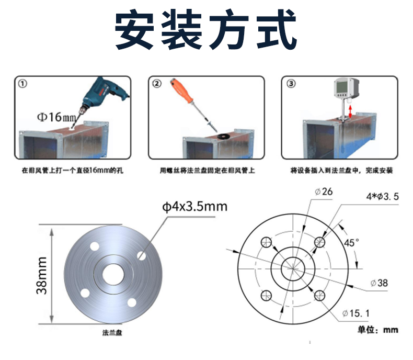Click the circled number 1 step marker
pyautogui.click(x=22, y=84)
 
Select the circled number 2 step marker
pyautogui.click(x=157, y=84)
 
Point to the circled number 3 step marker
pyautogui.click(x=291, y=84)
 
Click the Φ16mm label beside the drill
pyautogui.click(x=56, y=117)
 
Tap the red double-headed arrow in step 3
pyautogui.click(x=350, y=112)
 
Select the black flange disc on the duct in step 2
pyautogui.click(x=224, y=136)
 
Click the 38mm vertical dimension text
pyautogui.click(x=42, y=275)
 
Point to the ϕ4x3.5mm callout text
pyautogui.click(x=194, y=207)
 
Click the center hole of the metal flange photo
pyautogui.click(x=113, y=275)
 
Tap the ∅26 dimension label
pyautogui.click(x=324, y=192)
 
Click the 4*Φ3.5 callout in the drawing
pyautogui.click(x=383, y=197)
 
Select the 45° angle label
pyautogui.click(x=352, y=242)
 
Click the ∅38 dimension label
pyautogui.click(x=379, y=283)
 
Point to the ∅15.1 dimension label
pyautogui.click(x=356, y=313)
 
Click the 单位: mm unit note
pyautogui.click(x=377, y=330)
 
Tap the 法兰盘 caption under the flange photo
pyautogui.click(x=112, y=333)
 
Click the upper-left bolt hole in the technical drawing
pyautogui.click(x=266, y=242)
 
